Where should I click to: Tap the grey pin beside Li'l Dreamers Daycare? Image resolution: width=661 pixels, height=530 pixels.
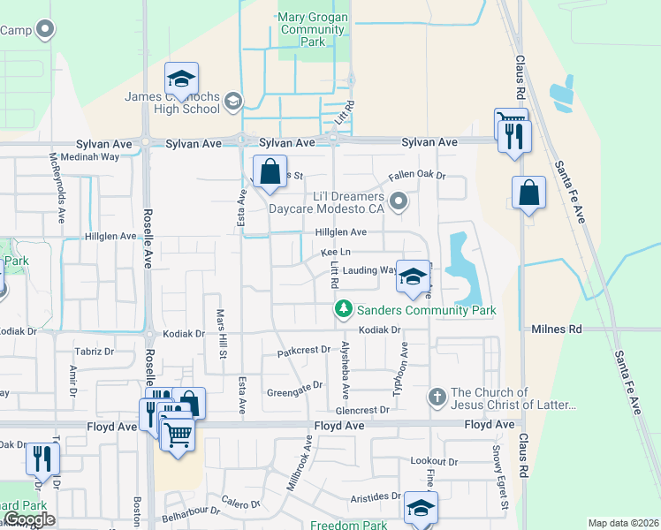pyautogui.click(x=399, y=202)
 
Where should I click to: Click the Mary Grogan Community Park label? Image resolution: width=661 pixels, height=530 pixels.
pyautogui.click(x=310, y=29)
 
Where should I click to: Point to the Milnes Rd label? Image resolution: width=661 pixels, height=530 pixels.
pyautogui.click(x=558, y=329)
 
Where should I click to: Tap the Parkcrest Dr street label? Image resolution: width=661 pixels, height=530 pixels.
pyautogui.click(x=303, y=351)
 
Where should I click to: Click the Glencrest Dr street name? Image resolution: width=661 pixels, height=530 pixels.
pyautogui.click(x=362, y=410)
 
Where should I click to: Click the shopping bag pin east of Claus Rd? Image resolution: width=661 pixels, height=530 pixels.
pyautogui.click(x=528, y=193)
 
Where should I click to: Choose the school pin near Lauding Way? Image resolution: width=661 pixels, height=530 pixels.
pyautogui.click(x=413, y=277)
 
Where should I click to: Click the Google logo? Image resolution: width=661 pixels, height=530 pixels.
pyautogui.click(x=29, y=519)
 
